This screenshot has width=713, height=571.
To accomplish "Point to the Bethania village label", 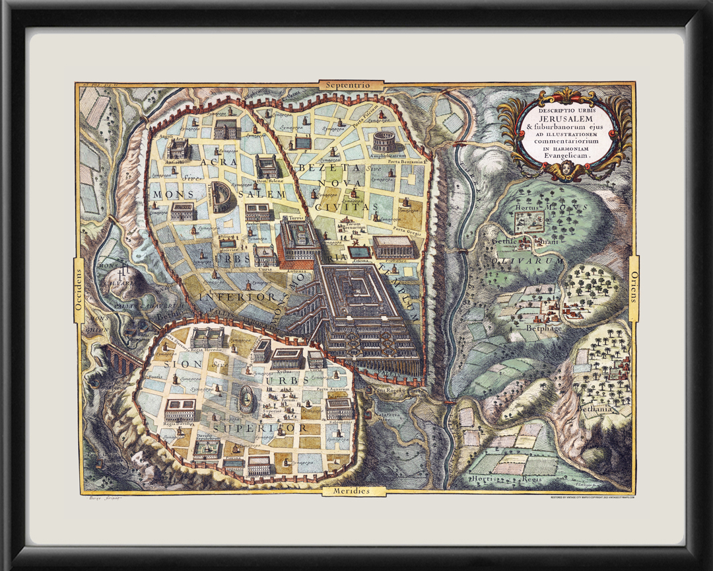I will pyautogui.click(x=595, y=409).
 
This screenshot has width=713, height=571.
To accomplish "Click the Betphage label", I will pyautogui.click(x=543, y=328).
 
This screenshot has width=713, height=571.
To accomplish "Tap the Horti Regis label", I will pyautogui.click(x=489, y=477).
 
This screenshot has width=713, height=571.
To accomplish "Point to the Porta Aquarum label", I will pyautogui.click(x=331, y=389).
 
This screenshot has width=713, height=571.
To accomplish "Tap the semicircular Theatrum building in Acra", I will pyautogui.click(x=221, y=198).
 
